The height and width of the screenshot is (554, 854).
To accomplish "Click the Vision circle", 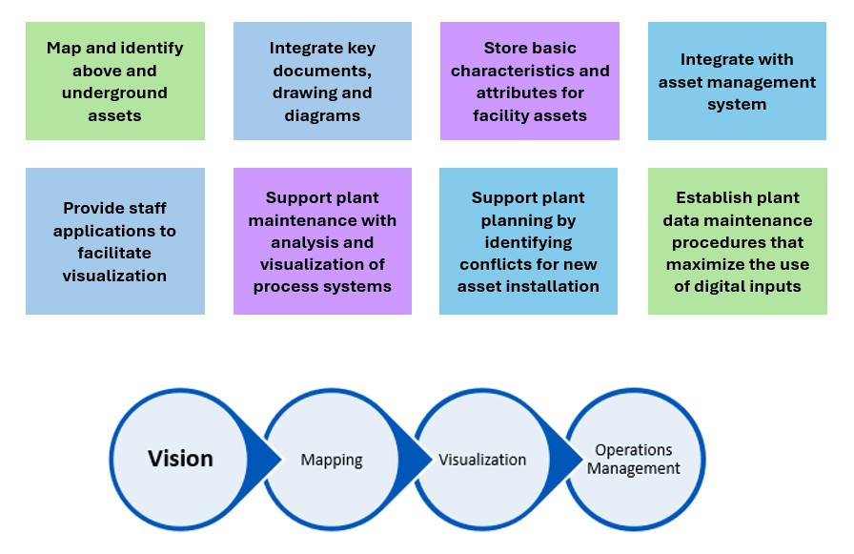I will pos(180,459).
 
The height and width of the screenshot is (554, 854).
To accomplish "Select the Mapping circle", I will pos(332,460).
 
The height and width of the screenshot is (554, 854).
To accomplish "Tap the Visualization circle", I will pos(482,460).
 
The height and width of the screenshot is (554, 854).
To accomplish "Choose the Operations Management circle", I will pos(634,459).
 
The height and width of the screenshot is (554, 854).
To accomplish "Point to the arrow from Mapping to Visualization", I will pos(417,459).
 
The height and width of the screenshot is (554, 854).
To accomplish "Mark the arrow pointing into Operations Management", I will pos(569,459).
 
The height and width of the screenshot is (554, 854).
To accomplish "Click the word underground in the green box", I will pos(114,93).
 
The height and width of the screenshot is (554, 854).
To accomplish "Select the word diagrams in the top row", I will pos(322,116).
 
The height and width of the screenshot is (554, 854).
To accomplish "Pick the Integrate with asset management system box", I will pos(737,81).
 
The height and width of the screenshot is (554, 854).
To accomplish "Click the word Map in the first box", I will pos(66,48).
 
